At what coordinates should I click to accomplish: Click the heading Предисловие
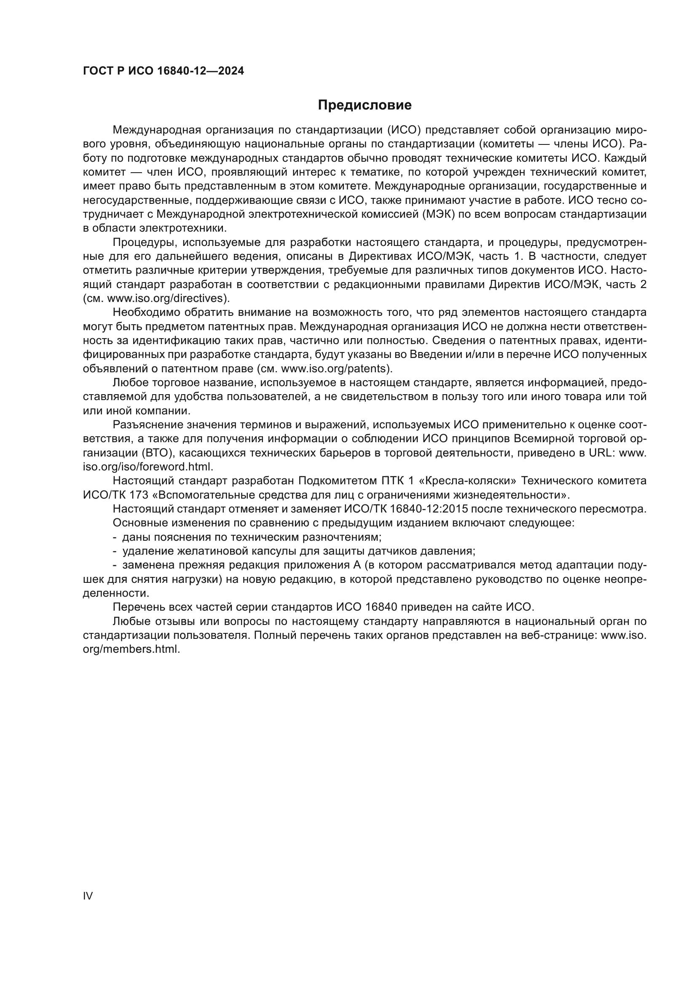point(365,105)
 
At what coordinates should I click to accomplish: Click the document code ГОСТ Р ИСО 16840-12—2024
point(163,71)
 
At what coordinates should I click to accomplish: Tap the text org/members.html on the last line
point(131,649)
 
